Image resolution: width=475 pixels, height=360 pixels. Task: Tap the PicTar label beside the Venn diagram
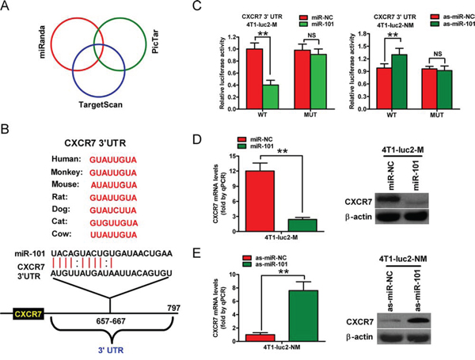tap(155, 43)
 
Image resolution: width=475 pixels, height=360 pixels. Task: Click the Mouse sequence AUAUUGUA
tap(114, 185)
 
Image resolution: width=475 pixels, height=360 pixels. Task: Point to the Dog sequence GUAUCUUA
tap(113, 210)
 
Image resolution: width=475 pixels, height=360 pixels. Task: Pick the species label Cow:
tap(62, 234)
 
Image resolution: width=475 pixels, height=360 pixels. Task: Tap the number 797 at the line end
tap(173, 308)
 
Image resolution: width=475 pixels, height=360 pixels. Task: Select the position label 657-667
tap(109, 320)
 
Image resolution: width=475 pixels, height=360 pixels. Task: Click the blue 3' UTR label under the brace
tap(111, 351)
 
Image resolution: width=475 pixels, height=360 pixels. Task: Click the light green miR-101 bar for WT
tap(271, 97)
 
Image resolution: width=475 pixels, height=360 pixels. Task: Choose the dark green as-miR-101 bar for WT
tap(400, 81)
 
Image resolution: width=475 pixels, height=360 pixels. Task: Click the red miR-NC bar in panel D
tap(260, 201)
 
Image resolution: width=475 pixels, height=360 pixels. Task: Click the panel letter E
tap(196, 253)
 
